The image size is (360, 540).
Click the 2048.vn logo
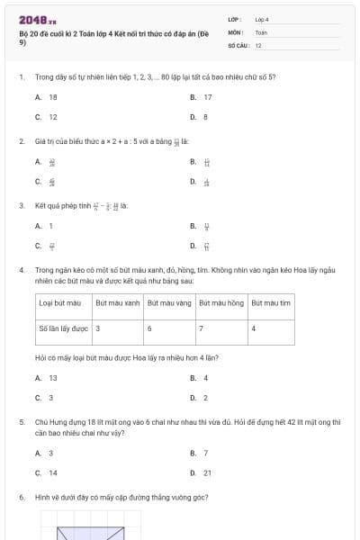[38, 20]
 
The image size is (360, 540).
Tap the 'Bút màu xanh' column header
[117, 303]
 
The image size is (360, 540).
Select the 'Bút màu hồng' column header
[220, 303]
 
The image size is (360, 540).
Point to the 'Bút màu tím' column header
[271, 303]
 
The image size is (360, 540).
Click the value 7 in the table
[201, 328]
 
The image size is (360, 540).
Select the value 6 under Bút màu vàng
[149, 328]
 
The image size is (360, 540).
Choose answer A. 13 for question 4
[47, 378]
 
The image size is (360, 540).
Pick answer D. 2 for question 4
[200, 397]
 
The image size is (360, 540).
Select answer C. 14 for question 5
[47, 472]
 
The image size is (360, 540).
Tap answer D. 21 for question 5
[202, 472]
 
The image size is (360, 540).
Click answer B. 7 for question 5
[200, 453]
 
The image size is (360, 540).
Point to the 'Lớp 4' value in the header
[262, 19]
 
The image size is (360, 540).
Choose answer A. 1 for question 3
[45, 226]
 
